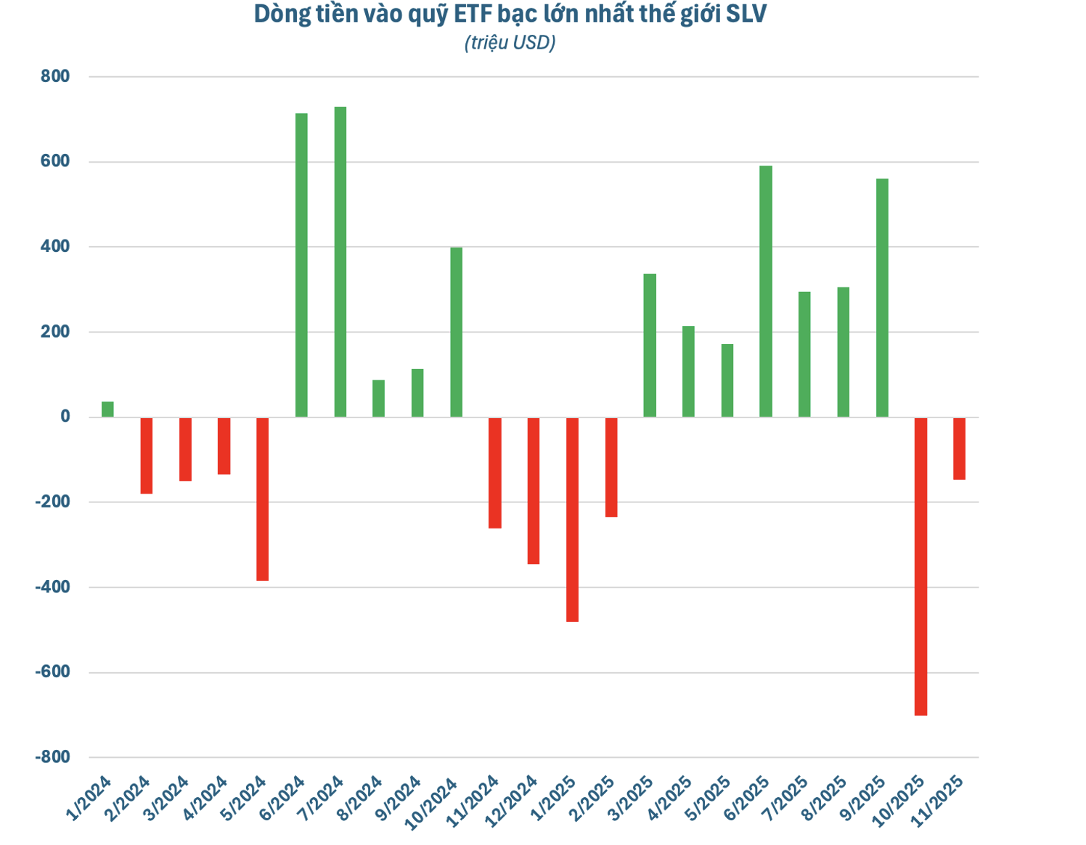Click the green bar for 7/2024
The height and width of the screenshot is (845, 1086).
pos(340,261)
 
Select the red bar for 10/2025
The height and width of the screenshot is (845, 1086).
pos(920,566)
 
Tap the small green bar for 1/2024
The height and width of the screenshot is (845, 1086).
pos(107,409)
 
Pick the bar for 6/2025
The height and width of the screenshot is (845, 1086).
pos(765,291)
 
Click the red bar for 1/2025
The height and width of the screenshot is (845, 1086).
pos(572,519)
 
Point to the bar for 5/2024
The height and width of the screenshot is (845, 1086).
pos(262,499)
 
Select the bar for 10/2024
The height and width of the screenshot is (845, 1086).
pos(456,332)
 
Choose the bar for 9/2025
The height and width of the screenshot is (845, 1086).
pos(882,298)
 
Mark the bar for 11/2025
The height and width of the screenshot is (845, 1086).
pos(959,448)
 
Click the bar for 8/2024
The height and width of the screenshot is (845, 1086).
pos(378,398)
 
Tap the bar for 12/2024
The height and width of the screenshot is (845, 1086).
pos(534,490)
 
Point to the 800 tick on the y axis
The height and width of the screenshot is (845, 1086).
pos(55,76)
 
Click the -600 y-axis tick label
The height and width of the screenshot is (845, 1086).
pos(52,672)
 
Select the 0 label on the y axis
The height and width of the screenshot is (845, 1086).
pos(65,417)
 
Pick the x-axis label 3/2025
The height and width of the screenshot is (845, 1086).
pos(631,797)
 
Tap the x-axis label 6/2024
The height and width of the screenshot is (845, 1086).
pos(282,797)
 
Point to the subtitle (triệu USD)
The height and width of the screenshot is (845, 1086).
pos(510,43)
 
